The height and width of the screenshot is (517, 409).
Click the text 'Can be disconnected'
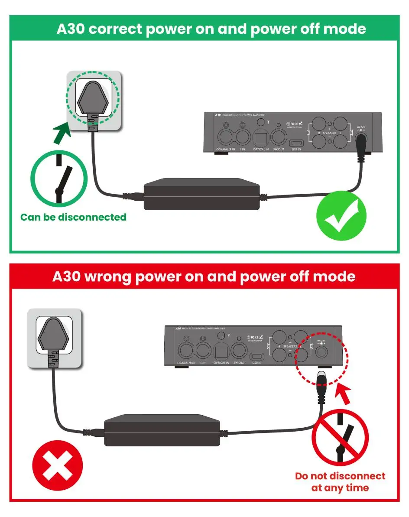(x=73, y=217)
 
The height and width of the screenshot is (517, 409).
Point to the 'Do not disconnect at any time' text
(x=340, y=481)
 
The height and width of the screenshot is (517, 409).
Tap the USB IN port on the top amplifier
(x=297, y=143)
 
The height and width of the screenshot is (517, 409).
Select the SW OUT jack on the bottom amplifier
(x=239, y=349)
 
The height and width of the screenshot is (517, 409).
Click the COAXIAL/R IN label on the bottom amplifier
(x=186, y=362)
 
